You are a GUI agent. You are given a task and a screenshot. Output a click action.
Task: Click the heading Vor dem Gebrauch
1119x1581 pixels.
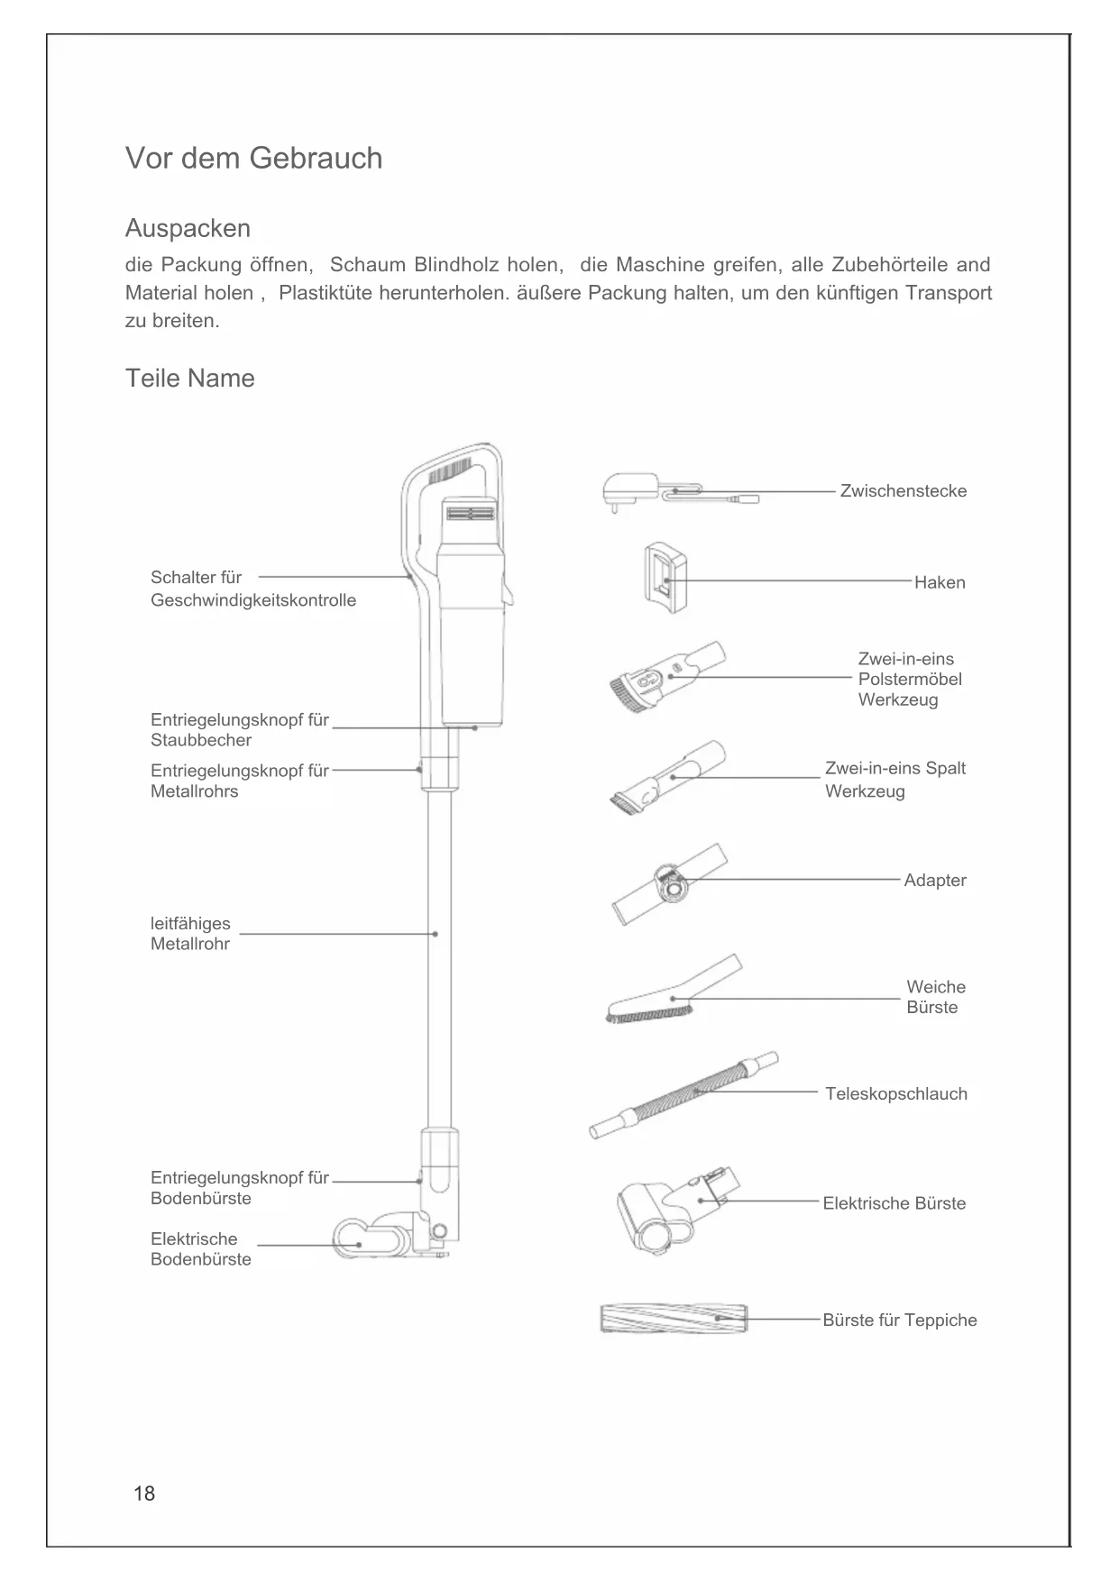[x=253, y=159]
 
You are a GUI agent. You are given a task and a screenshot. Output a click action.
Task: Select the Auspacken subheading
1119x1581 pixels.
[x=188, y=228]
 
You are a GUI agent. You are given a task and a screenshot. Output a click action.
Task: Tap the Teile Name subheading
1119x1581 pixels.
[x=189, y=378]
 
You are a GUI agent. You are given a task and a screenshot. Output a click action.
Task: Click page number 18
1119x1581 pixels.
[x=144, y=1494]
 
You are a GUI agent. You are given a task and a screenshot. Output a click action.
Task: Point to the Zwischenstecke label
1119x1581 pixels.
[x=903, y=491]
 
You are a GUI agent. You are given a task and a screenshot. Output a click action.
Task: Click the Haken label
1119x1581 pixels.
[x=940, y=582]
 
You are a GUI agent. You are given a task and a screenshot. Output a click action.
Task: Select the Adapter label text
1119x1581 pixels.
[x=935, y=881]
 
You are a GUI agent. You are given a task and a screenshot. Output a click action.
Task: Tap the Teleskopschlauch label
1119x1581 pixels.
[x=896, y=1093]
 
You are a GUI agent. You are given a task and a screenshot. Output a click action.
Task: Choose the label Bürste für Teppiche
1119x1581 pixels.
[x=899, y=1320]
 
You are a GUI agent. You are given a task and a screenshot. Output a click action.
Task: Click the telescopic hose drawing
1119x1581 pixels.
[x=683, y=1095]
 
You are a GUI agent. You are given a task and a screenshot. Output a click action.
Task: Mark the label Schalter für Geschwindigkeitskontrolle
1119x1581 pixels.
[x=252, y=589]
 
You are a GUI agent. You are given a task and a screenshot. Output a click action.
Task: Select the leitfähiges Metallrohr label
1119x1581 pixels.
[x=190, y=934]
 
